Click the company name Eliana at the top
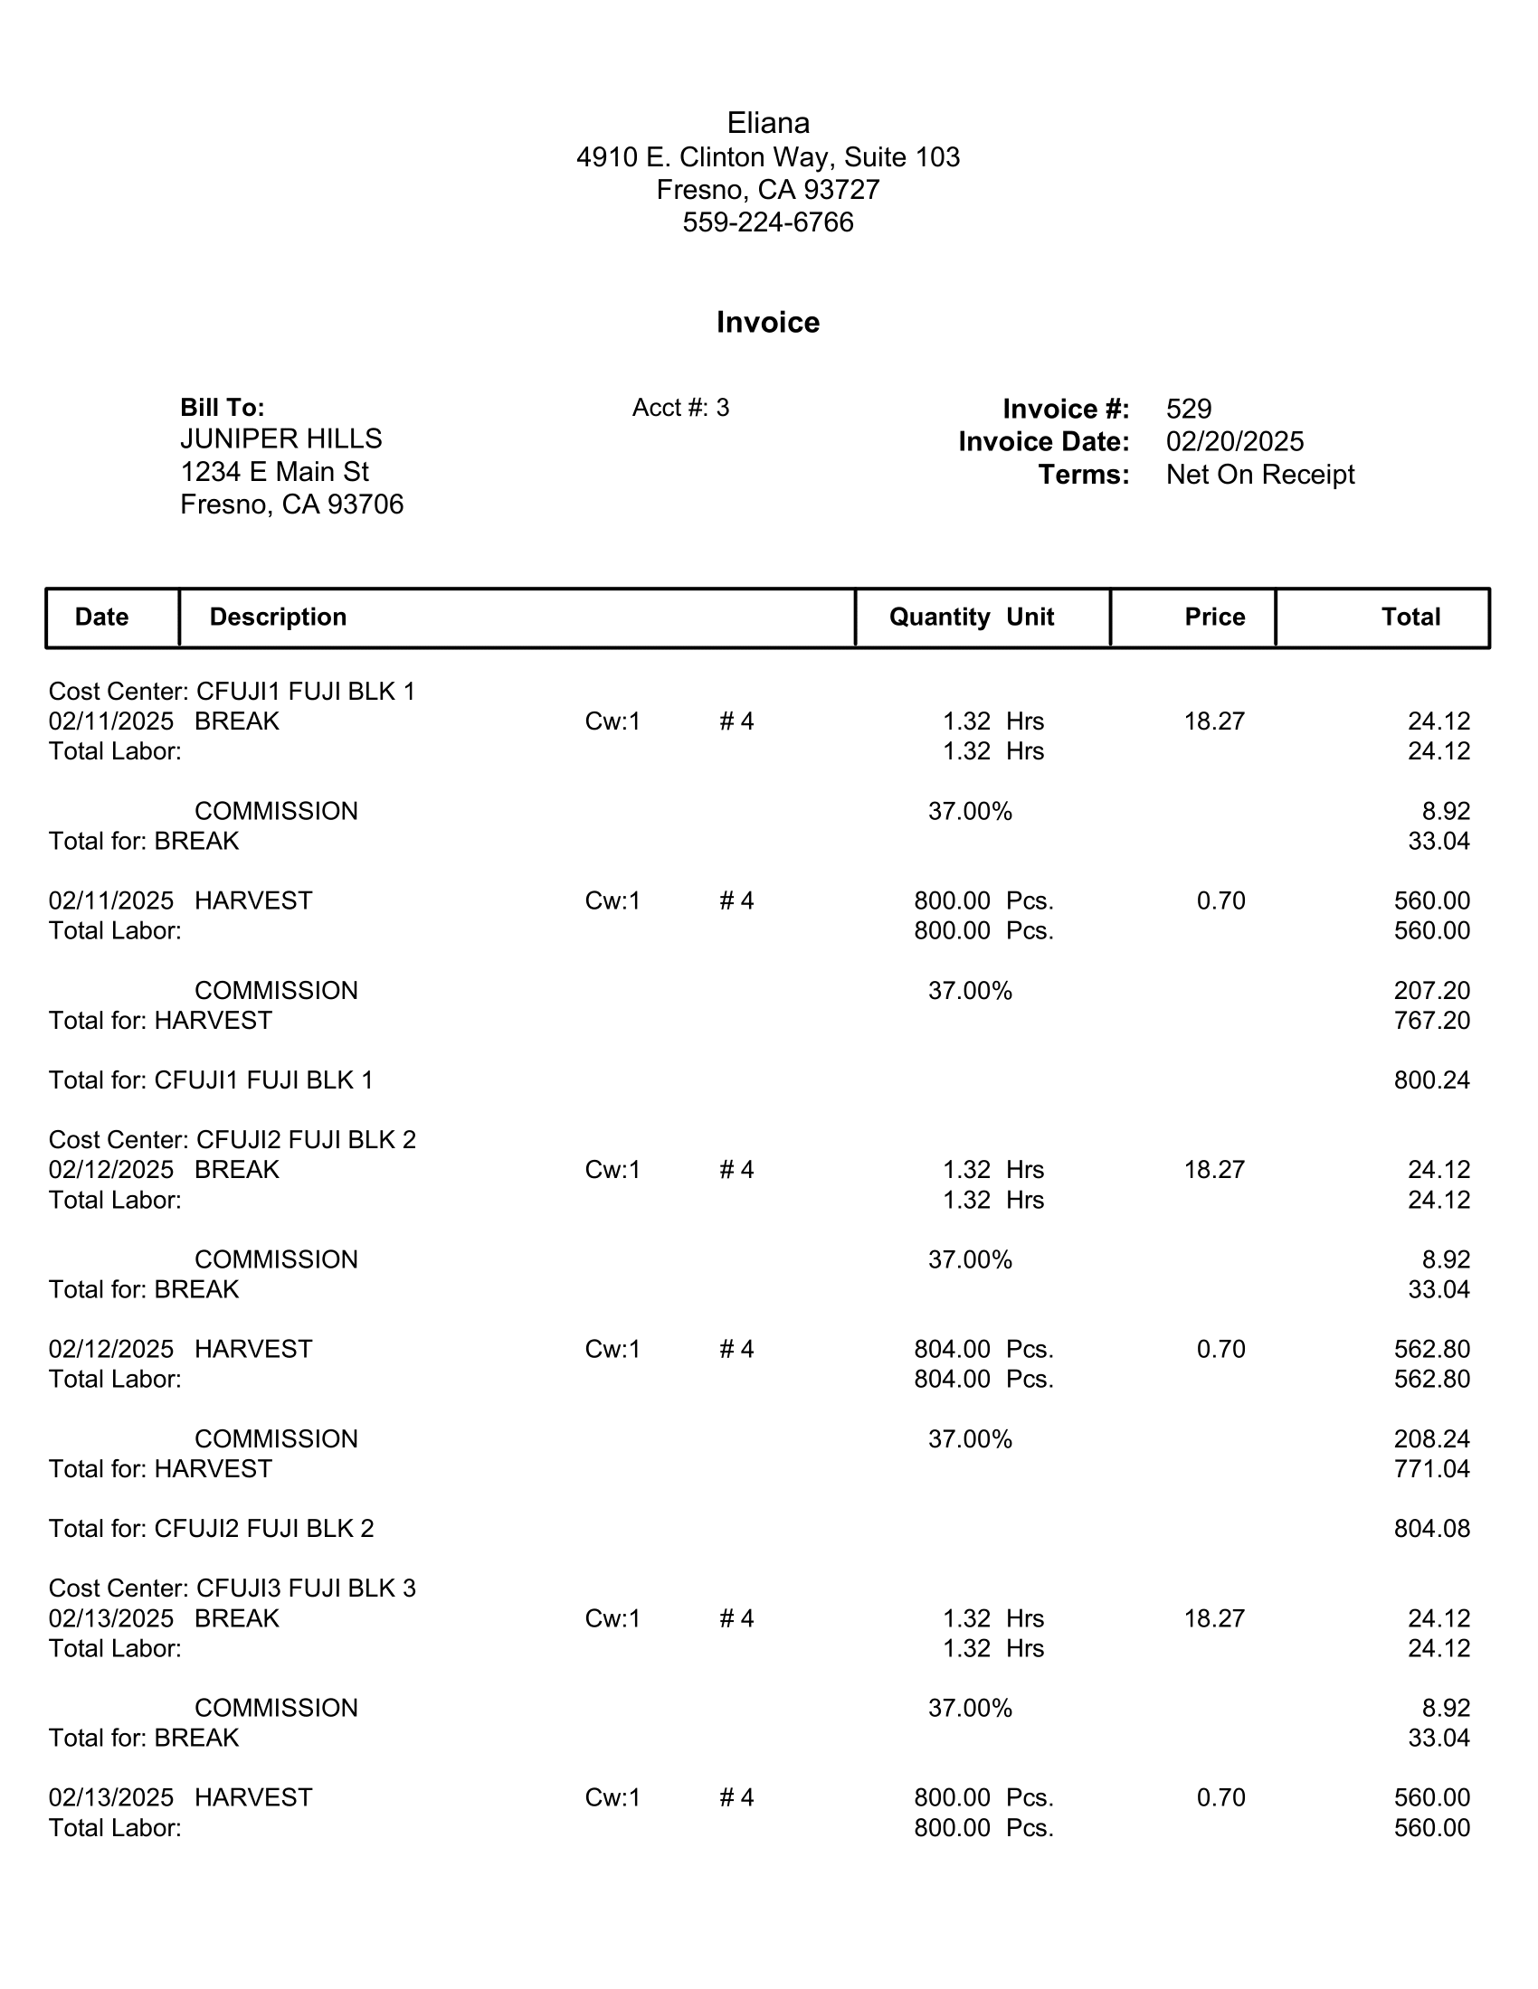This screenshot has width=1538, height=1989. pos(768,123)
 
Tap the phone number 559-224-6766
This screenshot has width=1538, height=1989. pos(768,222)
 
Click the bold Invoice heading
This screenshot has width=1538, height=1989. pos(768,323)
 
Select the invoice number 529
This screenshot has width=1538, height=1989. pos(1188,409)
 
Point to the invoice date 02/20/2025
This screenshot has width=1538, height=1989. pos(1235,442)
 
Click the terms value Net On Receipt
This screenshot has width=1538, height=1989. pos(1260,475)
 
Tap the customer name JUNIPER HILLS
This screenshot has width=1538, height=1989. pos(280,439)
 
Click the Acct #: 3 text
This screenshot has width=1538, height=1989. pos(680,408)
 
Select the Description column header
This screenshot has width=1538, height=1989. pos(278,617)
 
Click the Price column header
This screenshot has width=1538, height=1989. pos(1214,617)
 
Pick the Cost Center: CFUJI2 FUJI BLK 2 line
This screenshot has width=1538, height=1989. pos(233,1139)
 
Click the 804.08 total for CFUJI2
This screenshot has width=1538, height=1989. pos(1431,1528)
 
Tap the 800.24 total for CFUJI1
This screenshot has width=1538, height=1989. pos(1431,1080)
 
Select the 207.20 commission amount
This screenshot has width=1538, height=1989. pos(1431,991)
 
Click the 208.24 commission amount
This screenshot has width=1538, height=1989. pos(1431,1439)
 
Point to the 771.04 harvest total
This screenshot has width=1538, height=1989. pos(1431,1469)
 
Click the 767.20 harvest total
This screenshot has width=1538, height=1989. pos(1431,1021)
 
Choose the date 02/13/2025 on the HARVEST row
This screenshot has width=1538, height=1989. pos(111,1797)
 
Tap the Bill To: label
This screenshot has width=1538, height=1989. pos(223,407)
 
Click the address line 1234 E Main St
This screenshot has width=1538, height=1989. pos(274,472)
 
